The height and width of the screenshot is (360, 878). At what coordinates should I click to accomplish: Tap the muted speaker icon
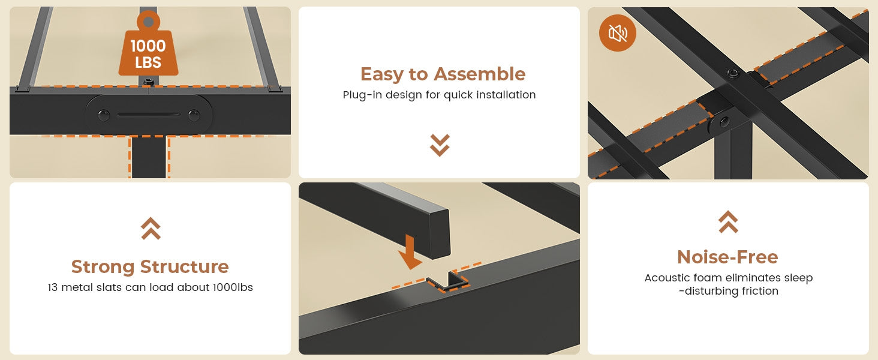(617, 33)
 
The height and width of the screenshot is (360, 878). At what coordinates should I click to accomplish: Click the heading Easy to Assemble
(443, 74)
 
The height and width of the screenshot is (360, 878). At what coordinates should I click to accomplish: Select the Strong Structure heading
(150, 266)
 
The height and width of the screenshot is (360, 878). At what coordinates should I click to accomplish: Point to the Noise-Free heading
(728, 257)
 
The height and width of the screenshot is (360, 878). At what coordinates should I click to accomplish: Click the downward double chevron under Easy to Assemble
(440, 145)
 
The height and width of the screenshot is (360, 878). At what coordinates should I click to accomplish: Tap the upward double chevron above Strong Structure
(151, 228)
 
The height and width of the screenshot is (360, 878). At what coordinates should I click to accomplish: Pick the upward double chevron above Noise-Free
(728, 222)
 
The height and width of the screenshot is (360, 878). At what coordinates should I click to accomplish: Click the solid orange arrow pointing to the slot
(410, 252)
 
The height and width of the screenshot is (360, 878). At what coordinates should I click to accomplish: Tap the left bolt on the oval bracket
(104, 116)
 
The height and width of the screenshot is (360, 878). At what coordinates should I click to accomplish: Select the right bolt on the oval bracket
(194, 116)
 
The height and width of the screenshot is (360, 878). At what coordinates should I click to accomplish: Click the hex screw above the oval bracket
(148, 82)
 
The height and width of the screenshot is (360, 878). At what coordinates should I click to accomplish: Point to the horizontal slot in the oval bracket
(149, 115)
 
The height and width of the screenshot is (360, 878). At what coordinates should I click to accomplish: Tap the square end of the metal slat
(440, 234)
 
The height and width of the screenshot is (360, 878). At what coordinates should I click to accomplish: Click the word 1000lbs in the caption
(233, 287)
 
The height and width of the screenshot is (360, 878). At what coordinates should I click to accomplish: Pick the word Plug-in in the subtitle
(360, 95)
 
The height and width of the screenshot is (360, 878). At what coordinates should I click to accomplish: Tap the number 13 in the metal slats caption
(53, 287)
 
